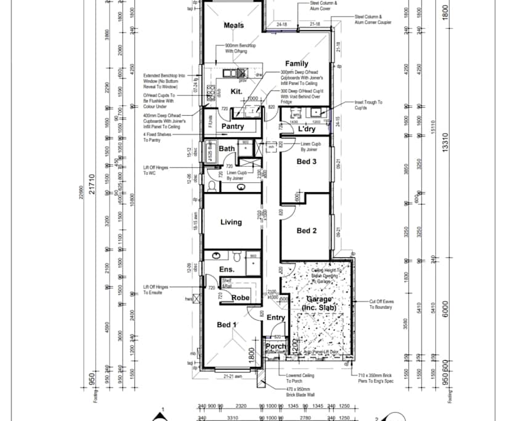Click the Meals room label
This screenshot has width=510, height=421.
pyautogui.click(x=233, y=25)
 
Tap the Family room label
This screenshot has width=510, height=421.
pyautogui.click(x=296, y=64)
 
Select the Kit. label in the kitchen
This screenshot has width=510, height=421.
pyautogui.click(x=237, y=91)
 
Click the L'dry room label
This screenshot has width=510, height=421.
pyautogui.click(x=307, y=129)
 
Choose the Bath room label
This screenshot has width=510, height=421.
pyautogui.click(x=227, y=149)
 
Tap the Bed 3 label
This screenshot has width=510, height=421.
pyautogui.click(x=306, y=162)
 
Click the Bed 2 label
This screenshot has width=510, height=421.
pyautogui.click(x=306, y=231)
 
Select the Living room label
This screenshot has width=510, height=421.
pyautogui.click(x=231, y=222)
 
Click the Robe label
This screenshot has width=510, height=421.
pyautogui.click(x=240, y=297)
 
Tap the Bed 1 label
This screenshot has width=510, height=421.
pyautogui.click(x=226, y=324)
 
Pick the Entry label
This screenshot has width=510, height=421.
pyautogui.click(x=276, y=318)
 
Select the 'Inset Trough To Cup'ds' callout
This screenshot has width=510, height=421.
pyautogui.click(x=368, y=105)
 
